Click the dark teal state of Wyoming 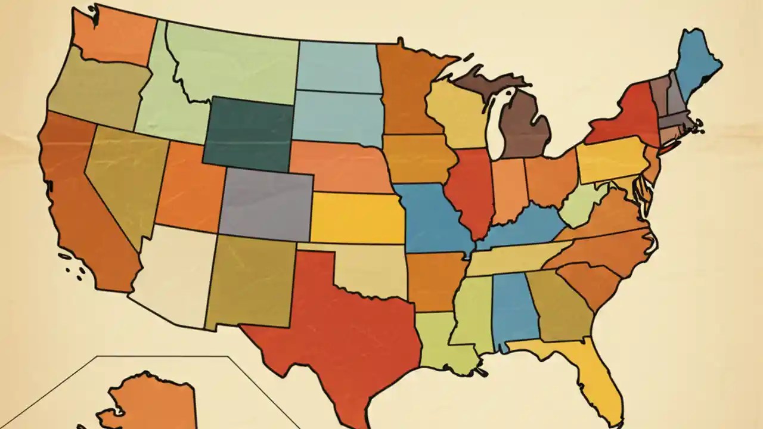click(x=247, y=133)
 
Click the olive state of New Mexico click(x=250, y=280)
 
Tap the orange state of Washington click(x=113, y=36)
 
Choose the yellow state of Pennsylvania click(x=611, y=158)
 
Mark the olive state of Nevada click(x=122, y=179)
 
